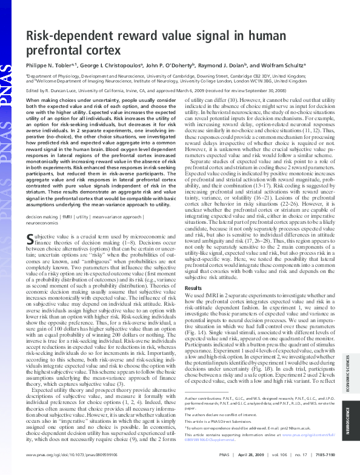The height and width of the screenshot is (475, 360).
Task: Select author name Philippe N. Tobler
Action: (50, 63)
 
